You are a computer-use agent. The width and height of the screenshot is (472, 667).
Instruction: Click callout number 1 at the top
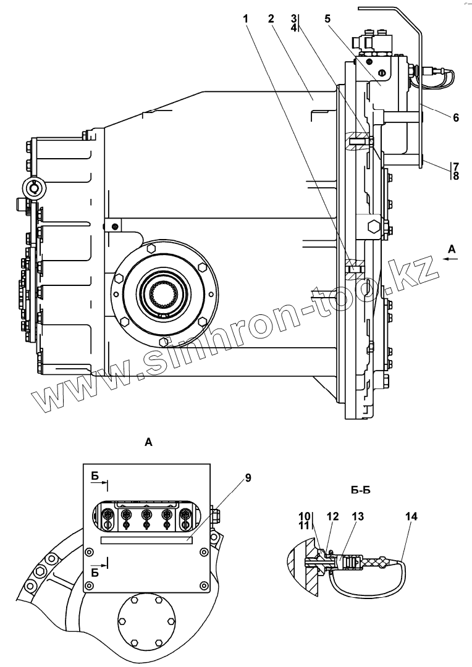coord(246,19)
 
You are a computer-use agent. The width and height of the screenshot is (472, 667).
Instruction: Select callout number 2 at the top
coord(271,19)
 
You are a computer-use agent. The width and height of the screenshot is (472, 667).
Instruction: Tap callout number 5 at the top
coord(327,19)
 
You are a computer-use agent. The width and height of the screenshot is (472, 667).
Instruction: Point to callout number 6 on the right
coord(455,117)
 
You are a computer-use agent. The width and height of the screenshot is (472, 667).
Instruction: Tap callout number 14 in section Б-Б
coord(411,516)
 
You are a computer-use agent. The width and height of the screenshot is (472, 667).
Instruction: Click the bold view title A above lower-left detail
coord(148,442)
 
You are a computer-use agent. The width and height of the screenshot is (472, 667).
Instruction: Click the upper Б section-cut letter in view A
coord(95,475)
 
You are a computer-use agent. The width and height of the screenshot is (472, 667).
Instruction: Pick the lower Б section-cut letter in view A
coord(95,573)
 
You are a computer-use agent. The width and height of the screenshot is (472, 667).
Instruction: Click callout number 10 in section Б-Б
coord(305,516)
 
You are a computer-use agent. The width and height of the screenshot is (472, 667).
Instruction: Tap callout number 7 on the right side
coord(455,166)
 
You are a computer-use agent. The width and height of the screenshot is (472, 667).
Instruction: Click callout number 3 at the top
coord(294,19)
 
